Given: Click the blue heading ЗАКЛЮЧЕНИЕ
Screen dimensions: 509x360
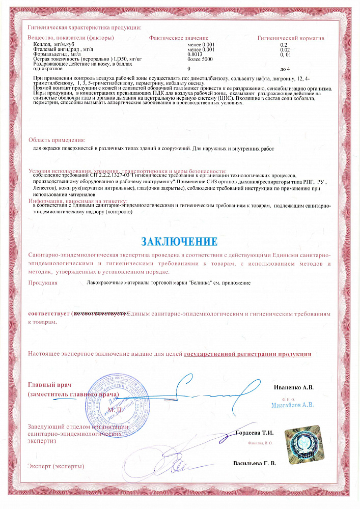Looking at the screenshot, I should (x=179, y=240).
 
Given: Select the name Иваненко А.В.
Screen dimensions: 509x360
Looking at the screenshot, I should (x=294, y=387).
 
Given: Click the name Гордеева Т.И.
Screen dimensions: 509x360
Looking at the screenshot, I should (x=255, y=433).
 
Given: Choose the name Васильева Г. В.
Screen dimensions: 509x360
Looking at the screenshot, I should (x=254, y=464).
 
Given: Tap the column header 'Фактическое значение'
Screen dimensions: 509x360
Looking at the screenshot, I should (x=179, y=38).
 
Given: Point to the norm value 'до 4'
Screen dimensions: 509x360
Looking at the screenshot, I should (x=285, y=68).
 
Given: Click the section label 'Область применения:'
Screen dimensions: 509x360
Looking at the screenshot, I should (x=57, y=140).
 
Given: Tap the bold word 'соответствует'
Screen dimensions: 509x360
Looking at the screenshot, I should (x=48, y=314).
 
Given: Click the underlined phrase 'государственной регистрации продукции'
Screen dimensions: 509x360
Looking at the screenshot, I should (x=247, y=353).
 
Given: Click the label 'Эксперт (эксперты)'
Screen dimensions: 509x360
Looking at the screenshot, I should (x=56, y=466).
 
